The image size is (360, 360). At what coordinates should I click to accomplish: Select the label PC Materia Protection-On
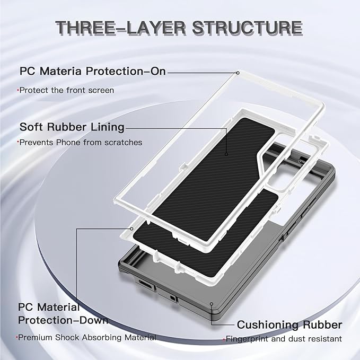(93, 71)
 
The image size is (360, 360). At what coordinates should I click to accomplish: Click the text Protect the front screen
(67, 90)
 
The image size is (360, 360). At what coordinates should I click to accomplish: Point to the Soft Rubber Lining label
(72, 127)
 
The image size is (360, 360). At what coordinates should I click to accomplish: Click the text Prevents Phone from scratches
(81, 142)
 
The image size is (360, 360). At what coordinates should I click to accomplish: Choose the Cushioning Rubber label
(289, 324)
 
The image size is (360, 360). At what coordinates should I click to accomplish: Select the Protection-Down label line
(63, 320)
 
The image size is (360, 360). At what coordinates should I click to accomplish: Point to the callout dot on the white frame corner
(238, 72)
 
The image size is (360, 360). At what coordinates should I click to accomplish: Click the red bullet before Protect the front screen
(18, 91)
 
